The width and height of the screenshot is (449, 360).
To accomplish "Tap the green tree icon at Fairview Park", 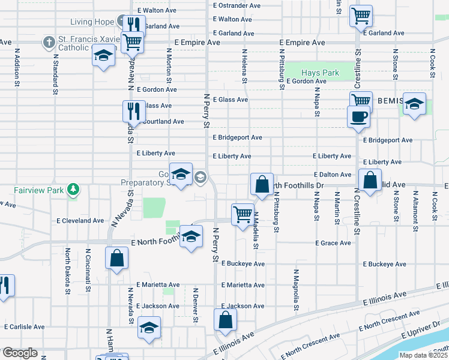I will pos(73,190).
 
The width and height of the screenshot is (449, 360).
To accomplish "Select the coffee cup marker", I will pos(359,116).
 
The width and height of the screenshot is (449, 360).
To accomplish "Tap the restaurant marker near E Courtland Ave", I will pos(134,111).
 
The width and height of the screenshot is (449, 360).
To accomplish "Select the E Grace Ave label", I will pos(333,243).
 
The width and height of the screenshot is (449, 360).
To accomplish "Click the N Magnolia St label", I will pos(296,290).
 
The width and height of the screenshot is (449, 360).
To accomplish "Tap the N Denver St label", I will pos(196,305).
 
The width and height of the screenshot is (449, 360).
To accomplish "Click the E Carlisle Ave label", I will pos(24,327).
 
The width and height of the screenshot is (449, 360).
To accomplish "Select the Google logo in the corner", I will pos(20,353).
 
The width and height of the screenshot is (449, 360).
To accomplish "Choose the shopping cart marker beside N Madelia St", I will pos(243,214).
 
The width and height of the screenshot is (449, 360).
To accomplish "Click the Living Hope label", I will pos(92,22).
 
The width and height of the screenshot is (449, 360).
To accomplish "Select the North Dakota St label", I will pos(68,271).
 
